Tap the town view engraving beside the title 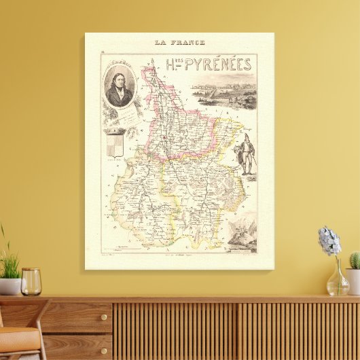(223, 94)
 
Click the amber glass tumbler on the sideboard (31, 282)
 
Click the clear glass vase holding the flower (337, 280)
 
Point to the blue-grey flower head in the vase (330, 240)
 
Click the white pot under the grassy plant (10, 286)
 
